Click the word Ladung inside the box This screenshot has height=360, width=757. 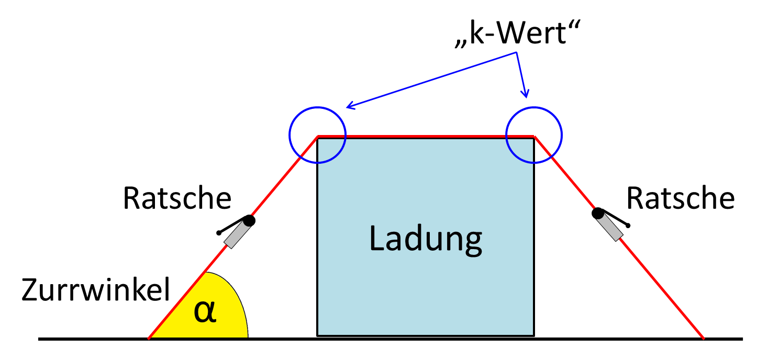tap(425, 238)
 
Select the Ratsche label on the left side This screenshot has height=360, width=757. tap(177, 198)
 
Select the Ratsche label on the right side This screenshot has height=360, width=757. tap(681, 198)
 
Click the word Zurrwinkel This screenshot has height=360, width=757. tap(96, 290)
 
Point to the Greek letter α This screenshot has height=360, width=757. tap(205, 312)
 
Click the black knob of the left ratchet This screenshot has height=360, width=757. tap(249, 221)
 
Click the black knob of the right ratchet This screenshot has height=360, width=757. tap(597, 213)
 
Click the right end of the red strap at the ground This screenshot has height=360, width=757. tap(703, 337)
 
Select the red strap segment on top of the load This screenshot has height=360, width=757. tap(425, 137)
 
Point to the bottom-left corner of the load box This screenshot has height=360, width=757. tap(318, 335)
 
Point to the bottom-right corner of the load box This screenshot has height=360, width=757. tap(533, 335)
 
